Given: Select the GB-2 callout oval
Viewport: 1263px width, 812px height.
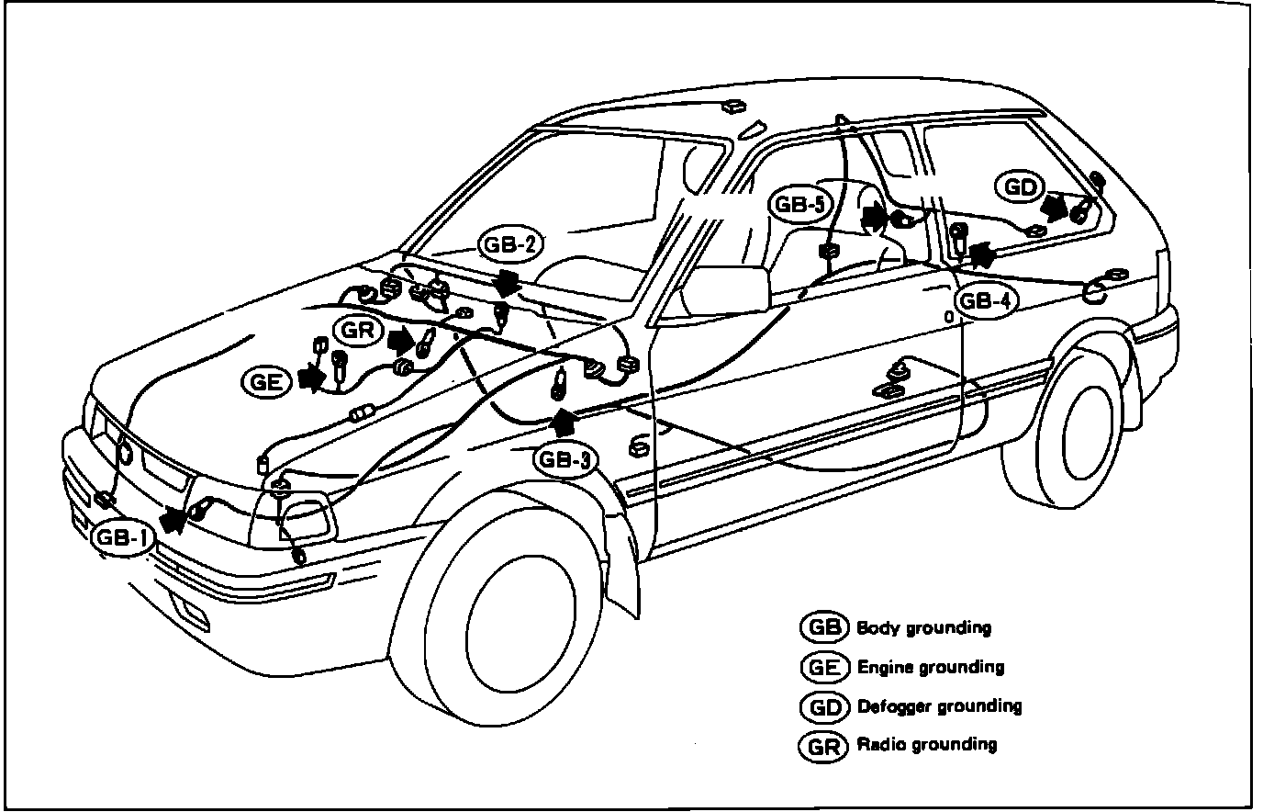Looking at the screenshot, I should (511, 246).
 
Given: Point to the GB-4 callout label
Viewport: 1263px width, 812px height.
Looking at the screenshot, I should (986, 299).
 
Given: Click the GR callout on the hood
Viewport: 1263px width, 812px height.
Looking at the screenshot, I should (358, 330).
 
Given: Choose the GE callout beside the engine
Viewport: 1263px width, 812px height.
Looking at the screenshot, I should (267, 381).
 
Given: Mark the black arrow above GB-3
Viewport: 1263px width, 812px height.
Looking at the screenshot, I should (564, 421).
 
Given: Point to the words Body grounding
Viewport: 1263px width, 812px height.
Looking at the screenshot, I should (923, 628).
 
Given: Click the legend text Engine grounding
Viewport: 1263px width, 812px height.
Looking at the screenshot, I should (930, 667).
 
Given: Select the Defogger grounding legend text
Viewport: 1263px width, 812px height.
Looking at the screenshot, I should (938, 706).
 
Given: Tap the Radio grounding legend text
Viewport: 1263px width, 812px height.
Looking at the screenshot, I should (926, 744).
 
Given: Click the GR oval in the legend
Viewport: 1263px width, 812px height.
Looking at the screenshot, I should (822, 745).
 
